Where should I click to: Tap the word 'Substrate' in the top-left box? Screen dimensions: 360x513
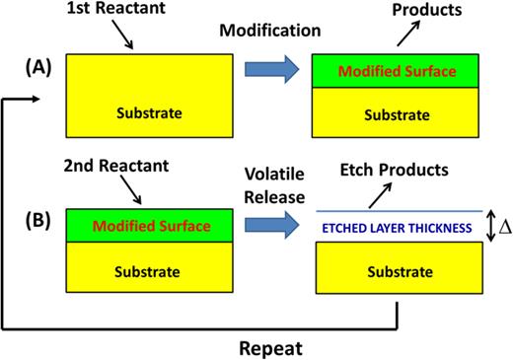pyautogui.click(x=148, y=111)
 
